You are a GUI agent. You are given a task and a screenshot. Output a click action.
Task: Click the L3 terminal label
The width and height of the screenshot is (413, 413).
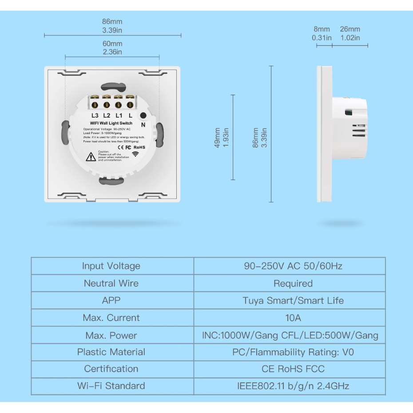click(95, 116)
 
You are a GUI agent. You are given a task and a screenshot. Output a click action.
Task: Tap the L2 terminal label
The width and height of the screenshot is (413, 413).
click(107, 116)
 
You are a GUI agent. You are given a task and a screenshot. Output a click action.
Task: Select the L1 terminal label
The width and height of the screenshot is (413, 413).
click(118, 116)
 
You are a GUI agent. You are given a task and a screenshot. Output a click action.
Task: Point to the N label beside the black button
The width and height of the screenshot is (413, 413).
click(143, 125)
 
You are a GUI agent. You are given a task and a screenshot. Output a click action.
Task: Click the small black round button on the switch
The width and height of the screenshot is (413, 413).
click(143, 116)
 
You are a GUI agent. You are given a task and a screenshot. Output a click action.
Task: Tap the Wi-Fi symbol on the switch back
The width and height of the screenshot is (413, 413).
click(135, 154)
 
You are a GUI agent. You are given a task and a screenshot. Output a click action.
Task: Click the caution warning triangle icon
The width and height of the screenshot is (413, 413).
click(91, 156)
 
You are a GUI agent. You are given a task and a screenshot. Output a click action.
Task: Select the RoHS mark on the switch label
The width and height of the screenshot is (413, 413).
click(139, 147)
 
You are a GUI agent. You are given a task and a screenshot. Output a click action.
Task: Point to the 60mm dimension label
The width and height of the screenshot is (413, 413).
click(112, 44)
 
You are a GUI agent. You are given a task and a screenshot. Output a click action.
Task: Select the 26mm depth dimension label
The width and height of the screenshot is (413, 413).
click(350, 29)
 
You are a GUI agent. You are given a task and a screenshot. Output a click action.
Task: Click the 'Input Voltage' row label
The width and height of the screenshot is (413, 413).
click(111, 266)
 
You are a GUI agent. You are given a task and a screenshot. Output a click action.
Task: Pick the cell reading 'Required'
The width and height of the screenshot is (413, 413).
click(293, 283)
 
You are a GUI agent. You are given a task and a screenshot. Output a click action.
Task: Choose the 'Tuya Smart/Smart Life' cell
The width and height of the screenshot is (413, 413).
click(293, 300)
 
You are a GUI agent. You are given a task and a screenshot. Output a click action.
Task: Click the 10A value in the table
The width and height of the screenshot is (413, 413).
click(293, 318)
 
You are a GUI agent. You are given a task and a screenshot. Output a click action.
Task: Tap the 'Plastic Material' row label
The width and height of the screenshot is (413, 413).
click(111, 352)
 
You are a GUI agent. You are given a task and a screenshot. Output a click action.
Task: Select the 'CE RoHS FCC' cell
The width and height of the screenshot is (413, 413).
click(293, 369)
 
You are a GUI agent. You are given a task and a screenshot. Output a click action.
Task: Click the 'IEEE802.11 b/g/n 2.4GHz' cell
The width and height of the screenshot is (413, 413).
click(293, 386)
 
